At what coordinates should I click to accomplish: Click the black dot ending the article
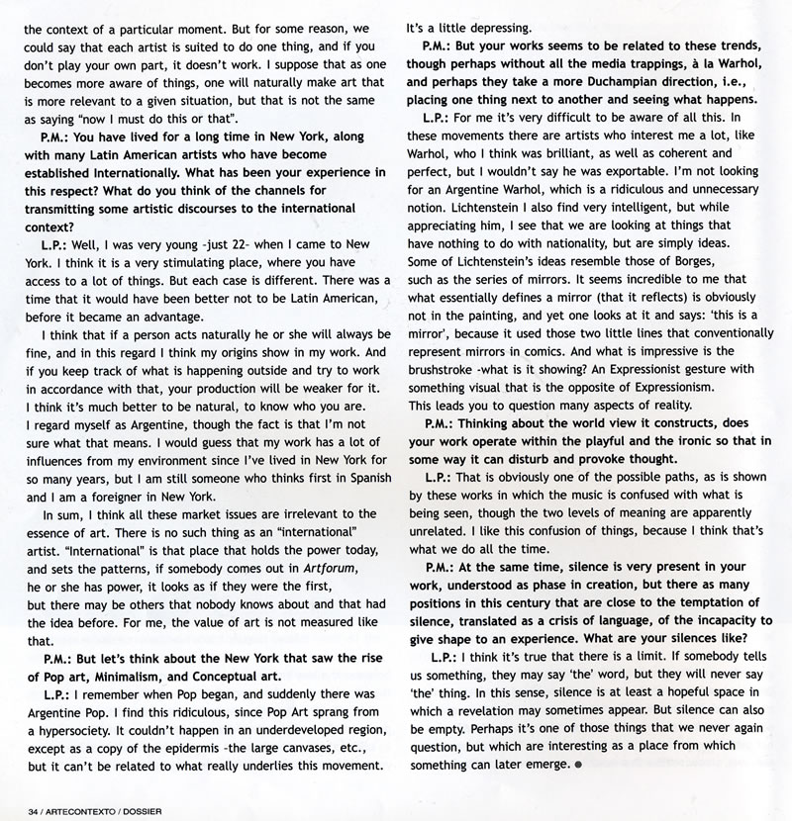click(x=576, y=766)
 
